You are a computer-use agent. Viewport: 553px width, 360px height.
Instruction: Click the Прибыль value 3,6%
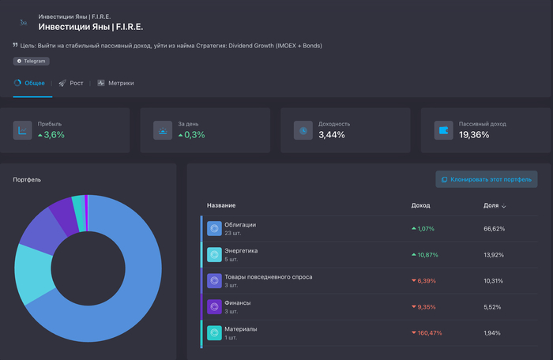pos(54,135)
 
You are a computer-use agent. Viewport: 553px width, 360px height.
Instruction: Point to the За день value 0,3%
pos(194,135)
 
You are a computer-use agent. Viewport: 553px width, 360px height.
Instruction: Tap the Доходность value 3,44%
pos(332,135)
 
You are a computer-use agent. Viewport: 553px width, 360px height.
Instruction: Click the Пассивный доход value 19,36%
pos(474,135)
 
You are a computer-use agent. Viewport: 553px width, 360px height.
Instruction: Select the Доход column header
pos(421,205)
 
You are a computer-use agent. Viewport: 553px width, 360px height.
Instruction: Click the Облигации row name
pos(240,224)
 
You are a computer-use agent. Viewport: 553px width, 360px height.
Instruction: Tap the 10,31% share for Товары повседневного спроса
pos(494,280)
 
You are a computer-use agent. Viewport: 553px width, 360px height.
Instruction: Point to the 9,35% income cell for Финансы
pos(425,306)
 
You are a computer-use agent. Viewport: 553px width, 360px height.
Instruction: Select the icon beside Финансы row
pos(213,306)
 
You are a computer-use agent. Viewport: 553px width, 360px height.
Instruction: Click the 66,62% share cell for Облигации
pos(494,228)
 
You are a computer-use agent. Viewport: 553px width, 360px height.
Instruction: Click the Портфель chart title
pos(27,179)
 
